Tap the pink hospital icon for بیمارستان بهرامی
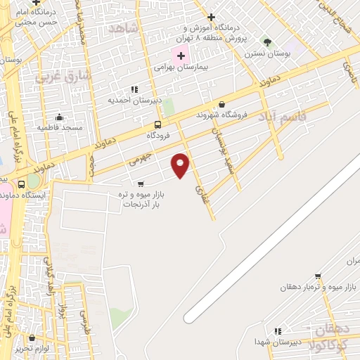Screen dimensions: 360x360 click(x=180, y=56)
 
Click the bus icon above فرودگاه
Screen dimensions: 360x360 click(x=158, y=124)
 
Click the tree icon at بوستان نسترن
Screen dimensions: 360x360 click(x=266, y=41)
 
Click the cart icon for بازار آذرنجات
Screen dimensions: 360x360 click(x=141, y=184)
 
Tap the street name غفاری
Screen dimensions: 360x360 click(x=202, y=185)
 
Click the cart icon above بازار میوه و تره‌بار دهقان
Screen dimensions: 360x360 click(x=318, y=276)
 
